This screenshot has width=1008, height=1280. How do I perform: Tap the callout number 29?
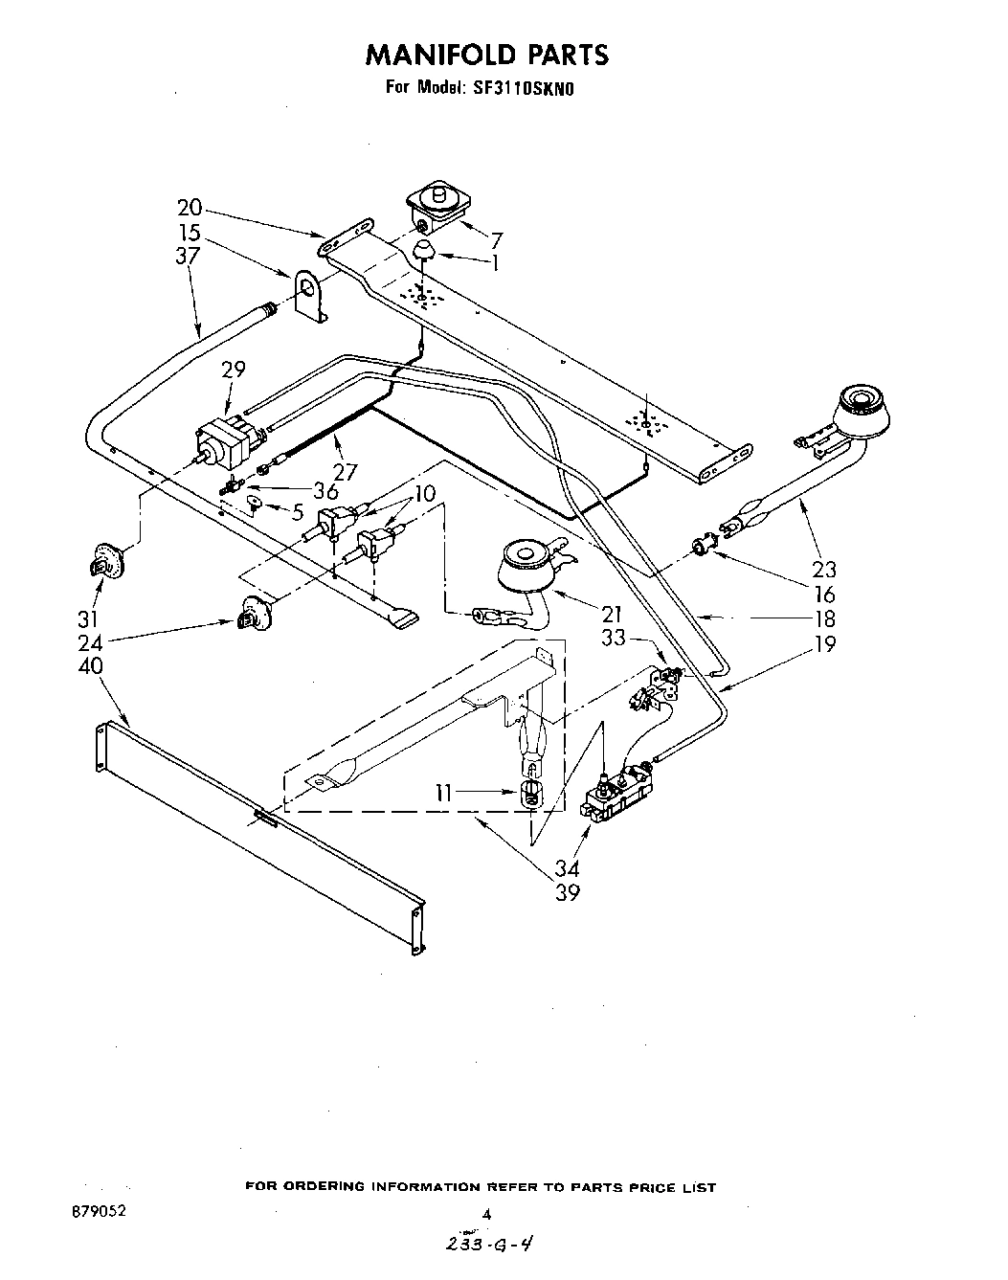[233, 370]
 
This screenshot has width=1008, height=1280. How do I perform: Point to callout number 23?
[821, 570]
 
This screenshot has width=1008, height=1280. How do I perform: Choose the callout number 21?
[612, 614]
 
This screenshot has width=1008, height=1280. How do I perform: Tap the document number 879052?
[98, 1211]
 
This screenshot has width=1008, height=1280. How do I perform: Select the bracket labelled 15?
[309, 295]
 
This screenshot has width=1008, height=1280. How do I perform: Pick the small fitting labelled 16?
[703, 547]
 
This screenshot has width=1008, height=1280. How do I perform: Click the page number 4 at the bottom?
[486, 1214]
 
